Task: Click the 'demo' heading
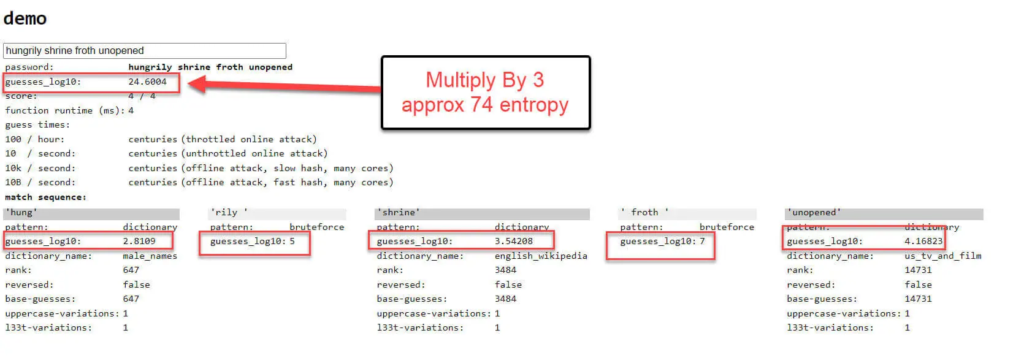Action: click(x=25, y=18)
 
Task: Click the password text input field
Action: click(x=144, y=51)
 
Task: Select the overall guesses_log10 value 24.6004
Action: click(x=147, y=82)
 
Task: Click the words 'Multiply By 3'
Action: click(x=484, y=80)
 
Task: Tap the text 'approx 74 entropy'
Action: click(x=484, y=105)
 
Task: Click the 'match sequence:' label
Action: click(x=45, y=197)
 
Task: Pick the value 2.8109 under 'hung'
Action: click(x=139, y=241)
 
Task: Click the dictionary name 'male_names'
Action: click(x=150, y=256)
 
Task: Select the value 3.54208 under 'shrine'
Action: click(x=513, y=241)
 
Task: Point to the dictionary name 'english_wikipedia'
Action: click(x=541, y=256)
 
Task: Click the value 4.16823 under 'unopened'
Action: click(x=923, y=241)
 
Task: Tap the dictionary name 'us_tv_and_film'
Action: click(x=943, y=256)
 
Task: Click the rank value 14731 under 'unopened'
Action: click(x=918, y=270)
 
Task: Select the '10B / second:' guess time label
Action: click(x=40, y=182)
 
